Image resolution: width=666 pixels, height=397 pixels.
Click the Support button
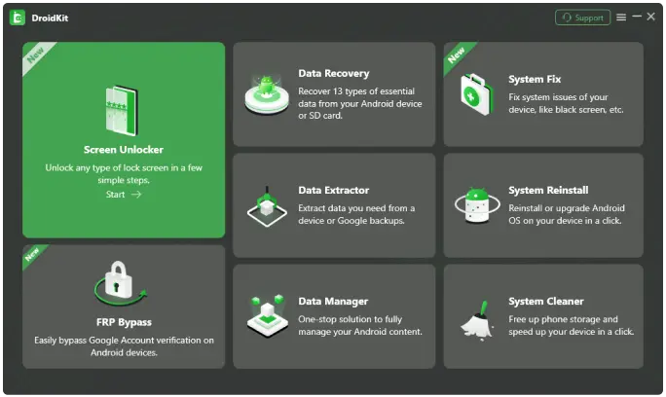pos(582,18)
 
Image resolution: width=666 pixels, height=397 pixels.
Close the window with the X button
pos(651,17)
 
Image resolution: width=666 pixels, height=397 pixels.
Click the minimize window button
pos(637,17)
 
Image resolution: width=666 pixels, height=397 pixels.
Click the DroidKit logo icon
pos(17,18)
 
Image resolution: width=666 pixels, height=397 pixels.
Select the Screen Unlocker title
pos(124,150)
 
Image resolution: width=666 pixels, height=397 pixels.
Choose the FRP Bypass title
pos(124,321)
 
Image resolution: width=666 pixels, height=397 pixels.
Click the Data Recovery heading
pos(333,73)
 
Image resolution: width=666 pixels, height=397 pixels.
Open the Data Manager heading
pos(333,301)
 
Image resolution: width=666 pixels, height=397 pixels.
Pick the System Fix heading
pos(535,79)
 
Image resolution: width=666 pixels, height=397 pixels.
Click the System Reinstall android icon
pos(477,205)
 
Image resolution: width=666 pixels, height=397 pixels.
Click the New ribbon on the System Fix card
pos(456,54)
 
